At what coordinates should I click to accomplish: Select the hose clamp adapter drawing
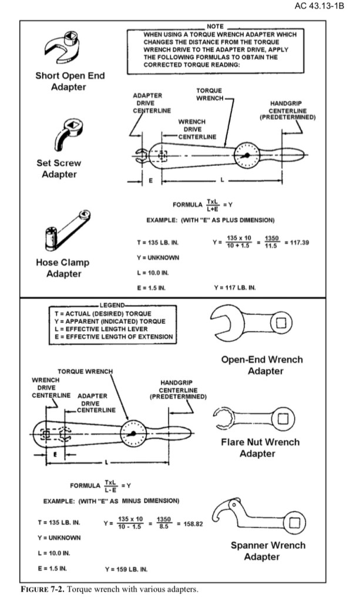tap(67, 230)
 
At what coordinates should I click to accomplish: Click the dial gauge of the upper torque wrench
tap(247, 155)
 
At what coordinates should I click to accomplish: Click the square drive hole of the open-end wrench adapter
tap(281, 323)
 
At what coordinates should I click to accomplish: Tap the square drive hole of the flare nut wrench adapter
tap(282, 418)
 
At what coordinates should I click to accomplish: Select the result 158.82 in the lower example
tap(193, 523)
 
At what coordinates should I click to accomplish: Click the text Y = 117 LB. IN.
tap(235, 287)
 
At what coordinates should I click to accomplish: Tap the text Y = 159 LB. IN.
tap(126, 569)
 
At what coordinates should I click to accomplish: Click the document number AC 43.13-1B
tap(319, 6)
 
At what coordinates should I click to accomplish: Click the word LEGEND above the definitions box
tap(112, 305)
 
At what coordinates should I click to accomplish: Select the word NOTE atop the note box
tap(215, 26)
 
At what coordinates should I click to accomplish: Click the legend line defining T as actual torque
tap(103, 314)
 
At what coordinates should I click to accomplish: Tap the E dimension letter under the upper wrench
tap(150, 180)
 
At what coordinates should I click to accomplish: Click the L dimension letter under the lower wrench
tap(106, 464)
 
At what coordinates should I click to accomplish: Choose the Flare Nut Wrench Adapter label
tap(260, 448)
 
